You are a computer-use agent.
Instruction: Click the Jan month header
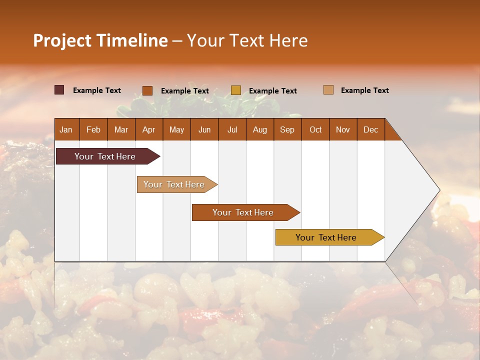[x=66, y=129]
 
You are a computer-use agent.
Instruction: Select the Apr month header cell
[x=149, y=129]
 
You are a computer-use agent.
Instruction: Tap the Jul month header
[x=232, y=129]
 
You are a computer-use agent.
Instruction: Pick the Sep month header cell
[x=287, y=129]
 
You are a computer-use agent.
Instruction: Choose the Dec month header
[x=370, y=129]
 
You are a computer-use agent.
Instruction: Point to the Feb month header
[x=93, y=129]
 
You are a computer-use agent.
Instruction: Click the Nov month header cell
[x=343, y=129]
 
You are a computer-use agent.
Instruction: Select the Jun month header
[x=204, y=129]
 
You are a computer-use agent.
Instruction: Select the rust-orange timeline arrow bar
[x=243, y=212]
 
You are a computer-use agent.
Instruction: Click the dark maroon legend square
[x=59, y=90]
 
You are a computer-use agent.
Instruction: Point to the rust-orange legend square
[x=147, y=90]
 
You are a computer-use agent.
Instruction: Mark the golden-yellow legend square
[x=236, y=90]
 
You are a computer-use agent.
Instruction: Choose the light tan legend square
[x=328, y=90]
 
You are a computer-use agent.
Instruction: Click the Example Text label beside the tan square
[x=364, y=90]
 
